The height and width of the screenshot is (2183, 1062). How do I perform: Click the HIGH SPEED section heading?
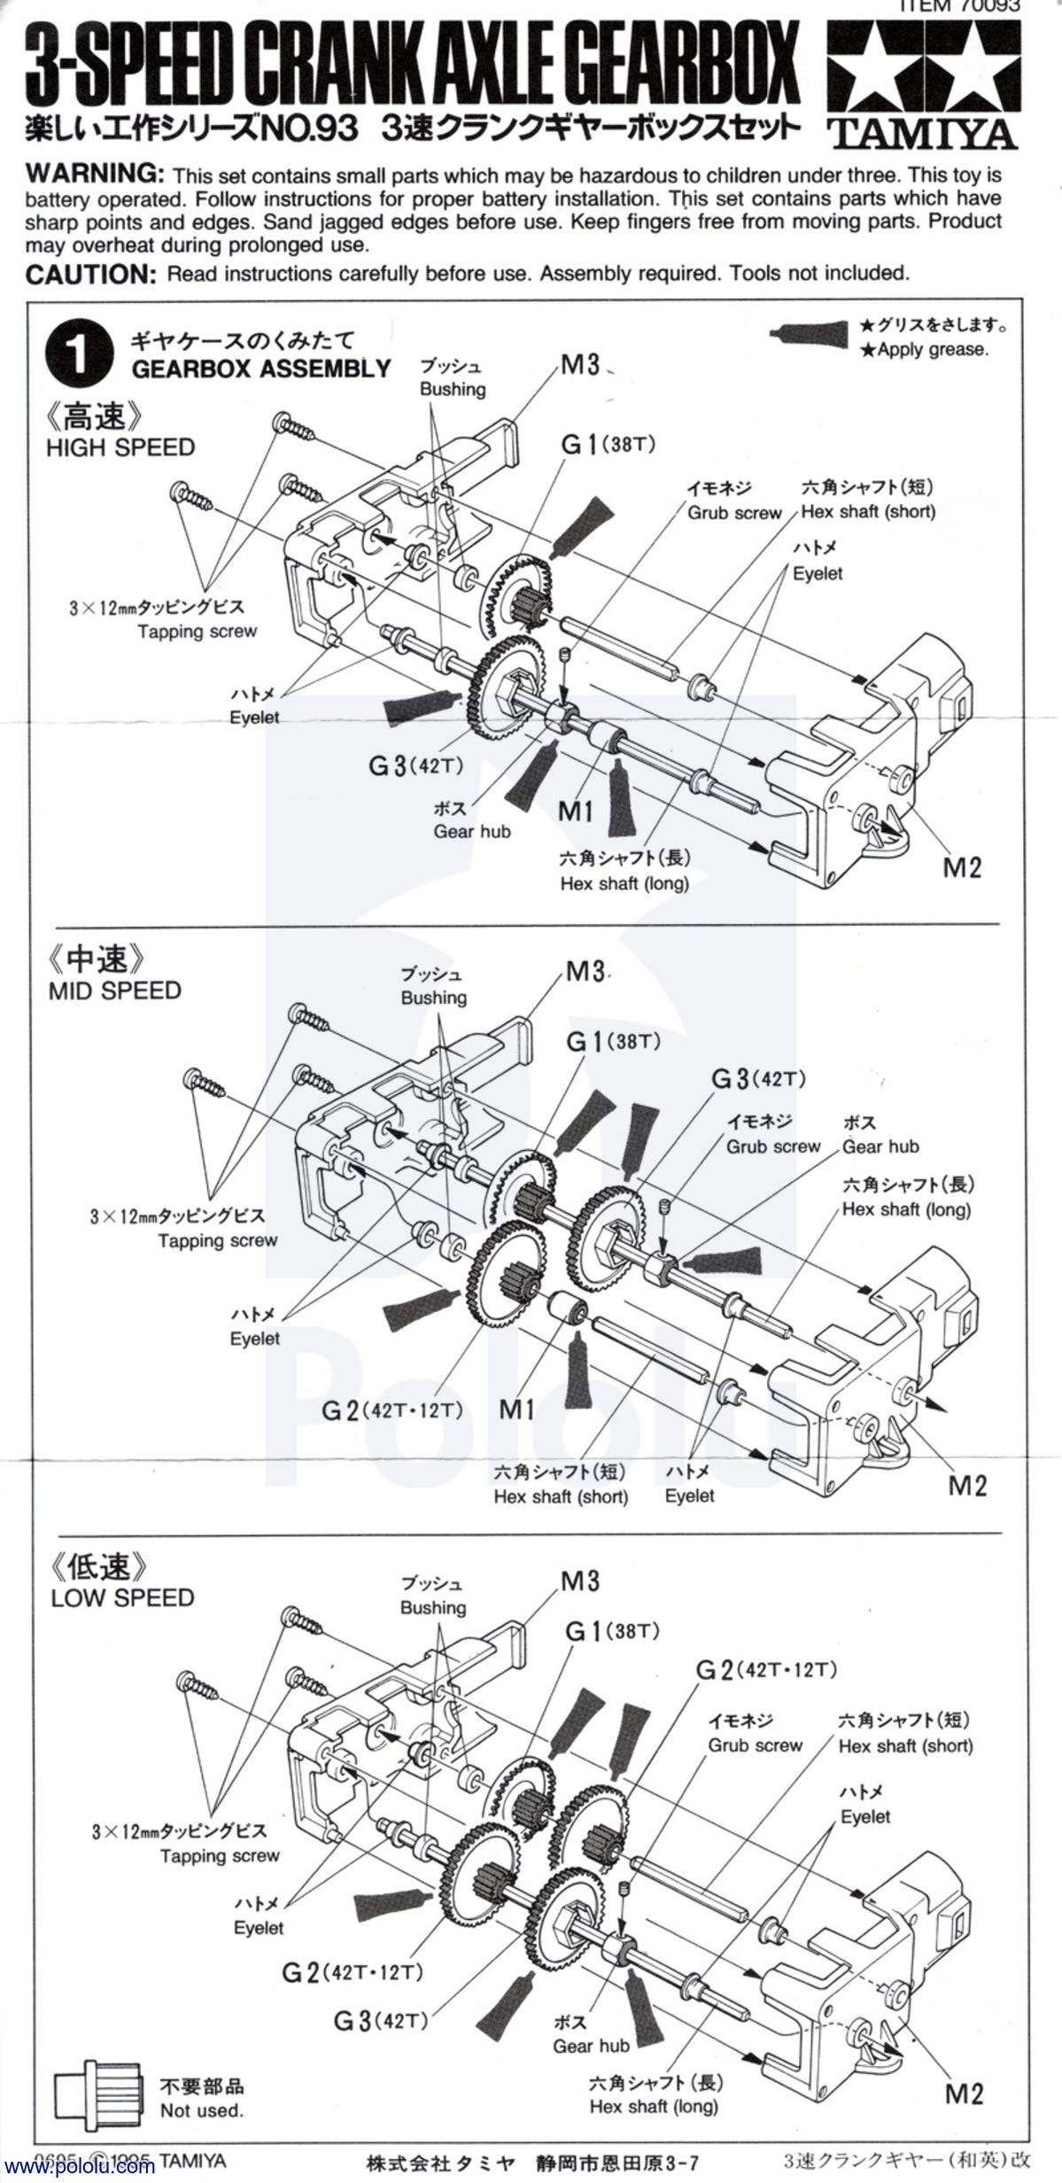tap(120, 447)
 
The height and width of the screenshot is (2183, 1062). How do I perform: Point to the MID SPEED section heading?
tap(114, 990)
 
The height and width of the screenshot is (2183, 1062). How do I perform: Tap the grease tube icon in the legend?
tap(811, 332)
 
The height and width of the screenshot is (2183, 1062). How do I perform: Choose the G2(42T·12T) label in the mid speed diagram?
tap(391, 1410)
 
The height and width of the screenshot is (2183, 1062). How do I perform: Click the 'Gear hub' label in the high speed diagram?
tap(471, 831)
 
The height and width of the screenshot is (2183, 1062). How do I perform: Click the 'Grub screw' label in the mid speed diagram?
tap(773, 1146)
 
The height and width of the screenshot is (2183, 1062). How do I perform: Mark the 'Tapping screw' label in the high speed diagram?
tap(197, 631)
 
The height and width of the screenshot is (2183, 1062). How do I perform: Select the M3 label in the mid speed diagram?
tap(585, 971)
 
